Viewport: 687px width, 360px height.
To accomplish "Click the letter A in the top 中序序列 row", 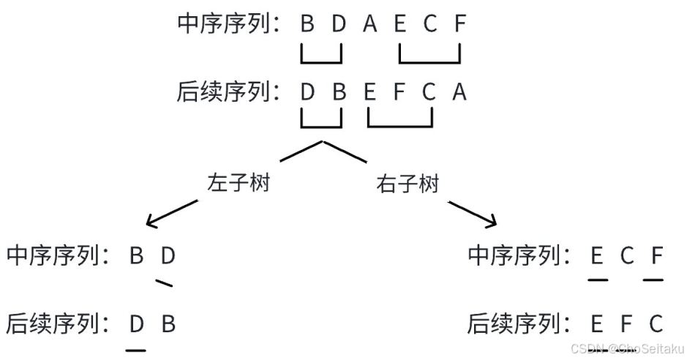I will point(369,24).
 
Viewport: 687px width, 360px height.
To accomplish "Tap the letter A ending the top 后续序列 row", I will point(459,92).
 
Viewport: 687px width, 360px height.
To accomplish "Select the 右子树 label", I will point(408,184).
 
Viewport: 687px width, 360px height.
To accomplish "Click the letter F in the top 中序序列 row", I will point(459,24).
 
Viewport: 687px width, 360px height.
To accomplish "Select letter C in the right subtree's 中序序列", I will point(626,256).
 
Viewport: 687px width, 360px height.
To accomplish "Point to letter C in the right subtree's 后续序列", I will point(656,323).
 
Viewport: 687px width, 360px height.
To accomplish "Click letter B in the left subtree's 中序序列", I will point(136,256).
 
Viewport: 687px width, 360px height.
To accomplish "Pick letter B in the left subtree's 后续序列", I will point(168,323).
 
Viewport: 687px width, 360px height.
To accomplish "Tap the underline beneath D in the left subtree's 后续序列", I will point(136,350).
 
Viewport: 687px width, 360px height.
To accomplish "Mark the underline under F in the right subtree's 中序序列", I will point(653,279).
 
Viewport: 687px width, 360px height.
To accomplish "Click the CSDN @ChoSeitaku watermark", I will point(627,349).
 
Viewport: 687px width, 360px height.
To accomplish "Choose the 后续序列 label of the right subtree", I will point(515,323).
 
